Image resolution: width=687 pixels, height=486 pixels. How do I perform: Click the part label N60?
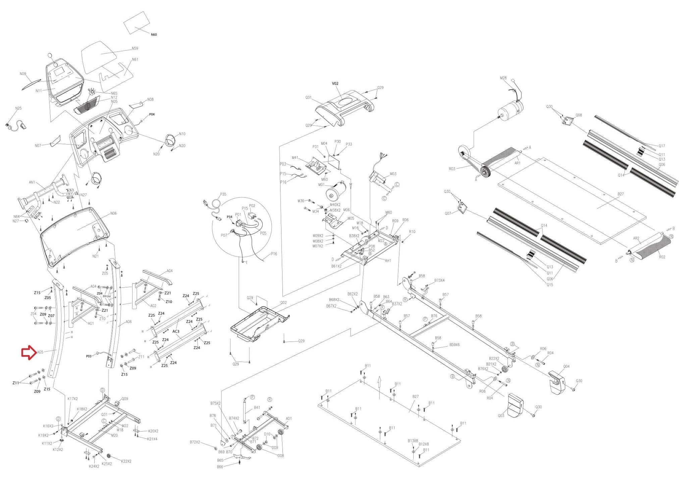(x=154, y=35)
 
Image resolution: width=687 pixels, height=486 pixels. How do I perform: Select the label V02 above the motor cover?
(x=335, y=84)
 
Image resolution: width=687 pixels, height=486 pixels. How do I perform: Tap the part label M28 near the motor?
(x=503, y=78)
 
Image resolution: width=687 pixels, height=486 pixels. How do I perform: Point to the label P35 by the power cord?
(x=223, y=194)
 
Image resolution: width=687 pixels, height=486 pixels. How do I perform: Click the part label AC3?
(x=176, y=331)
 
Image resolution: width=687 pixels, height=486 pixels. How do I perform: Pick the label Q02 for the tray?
(x=283, y=302)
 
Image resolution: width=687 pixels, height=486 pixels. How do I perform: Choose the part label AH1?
(x=388, y=260)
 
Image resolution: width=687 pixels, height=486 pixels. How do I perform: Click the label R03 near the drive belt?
(x=452, y=169)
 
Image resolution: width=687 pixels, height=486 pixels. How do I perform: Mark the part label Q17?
(x=662, y=146)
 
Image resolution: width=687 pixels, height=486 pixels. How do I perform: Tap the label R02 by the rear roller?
(x=662, y=257)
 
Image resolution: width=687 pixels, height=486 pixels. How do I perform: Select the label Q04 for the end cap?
(x=566, y=367)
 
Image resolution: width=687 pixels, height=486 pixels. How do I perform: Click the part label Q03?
(x=501, y=416)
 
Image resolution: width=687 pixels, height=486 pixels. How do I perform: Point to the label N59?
(x=135, y=48)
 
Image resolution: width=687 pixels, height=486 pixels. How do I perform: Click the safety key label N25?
(x=18, y=108)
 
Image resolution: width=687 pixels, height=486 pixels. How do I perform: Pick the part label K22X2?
(x=126, y=461)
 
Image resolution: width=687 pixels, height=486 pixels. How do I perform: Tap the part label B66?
(x=220, y=467)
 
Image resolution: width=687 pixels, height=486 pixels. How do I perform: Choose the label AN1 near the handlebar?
(x=32, y=183)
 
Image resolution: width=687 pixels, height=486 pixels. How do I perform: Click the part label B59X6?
(x=455, y=345)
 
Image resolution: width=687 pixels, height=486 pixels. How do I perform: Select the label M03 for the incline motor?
(x=393, y=174)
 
